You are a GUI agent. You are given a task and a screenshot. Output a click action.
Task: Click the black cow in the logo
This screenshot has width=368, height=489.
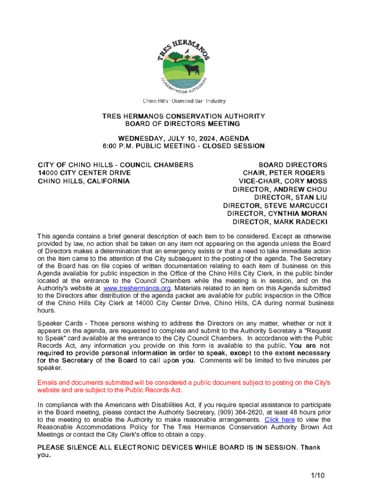[192, 70]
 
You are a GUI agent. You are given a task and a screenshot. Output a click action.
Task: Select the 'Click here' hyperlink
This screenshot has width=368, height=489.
[280, 420]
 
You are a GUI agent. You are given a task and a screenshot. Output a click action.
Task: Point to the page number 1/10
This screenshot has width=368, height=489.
[317, 475]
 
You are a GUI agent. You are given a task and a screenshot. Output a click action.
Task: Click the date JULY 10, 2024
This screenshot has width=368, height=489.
[172, 138]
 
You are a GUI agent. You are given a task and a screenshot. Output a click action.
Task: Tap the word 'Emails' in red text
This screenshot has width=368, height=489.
[48, 383]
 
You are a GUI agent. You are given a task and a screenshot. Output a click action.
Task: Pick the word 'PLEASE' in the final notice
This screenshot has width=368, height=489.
[52, 447]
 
